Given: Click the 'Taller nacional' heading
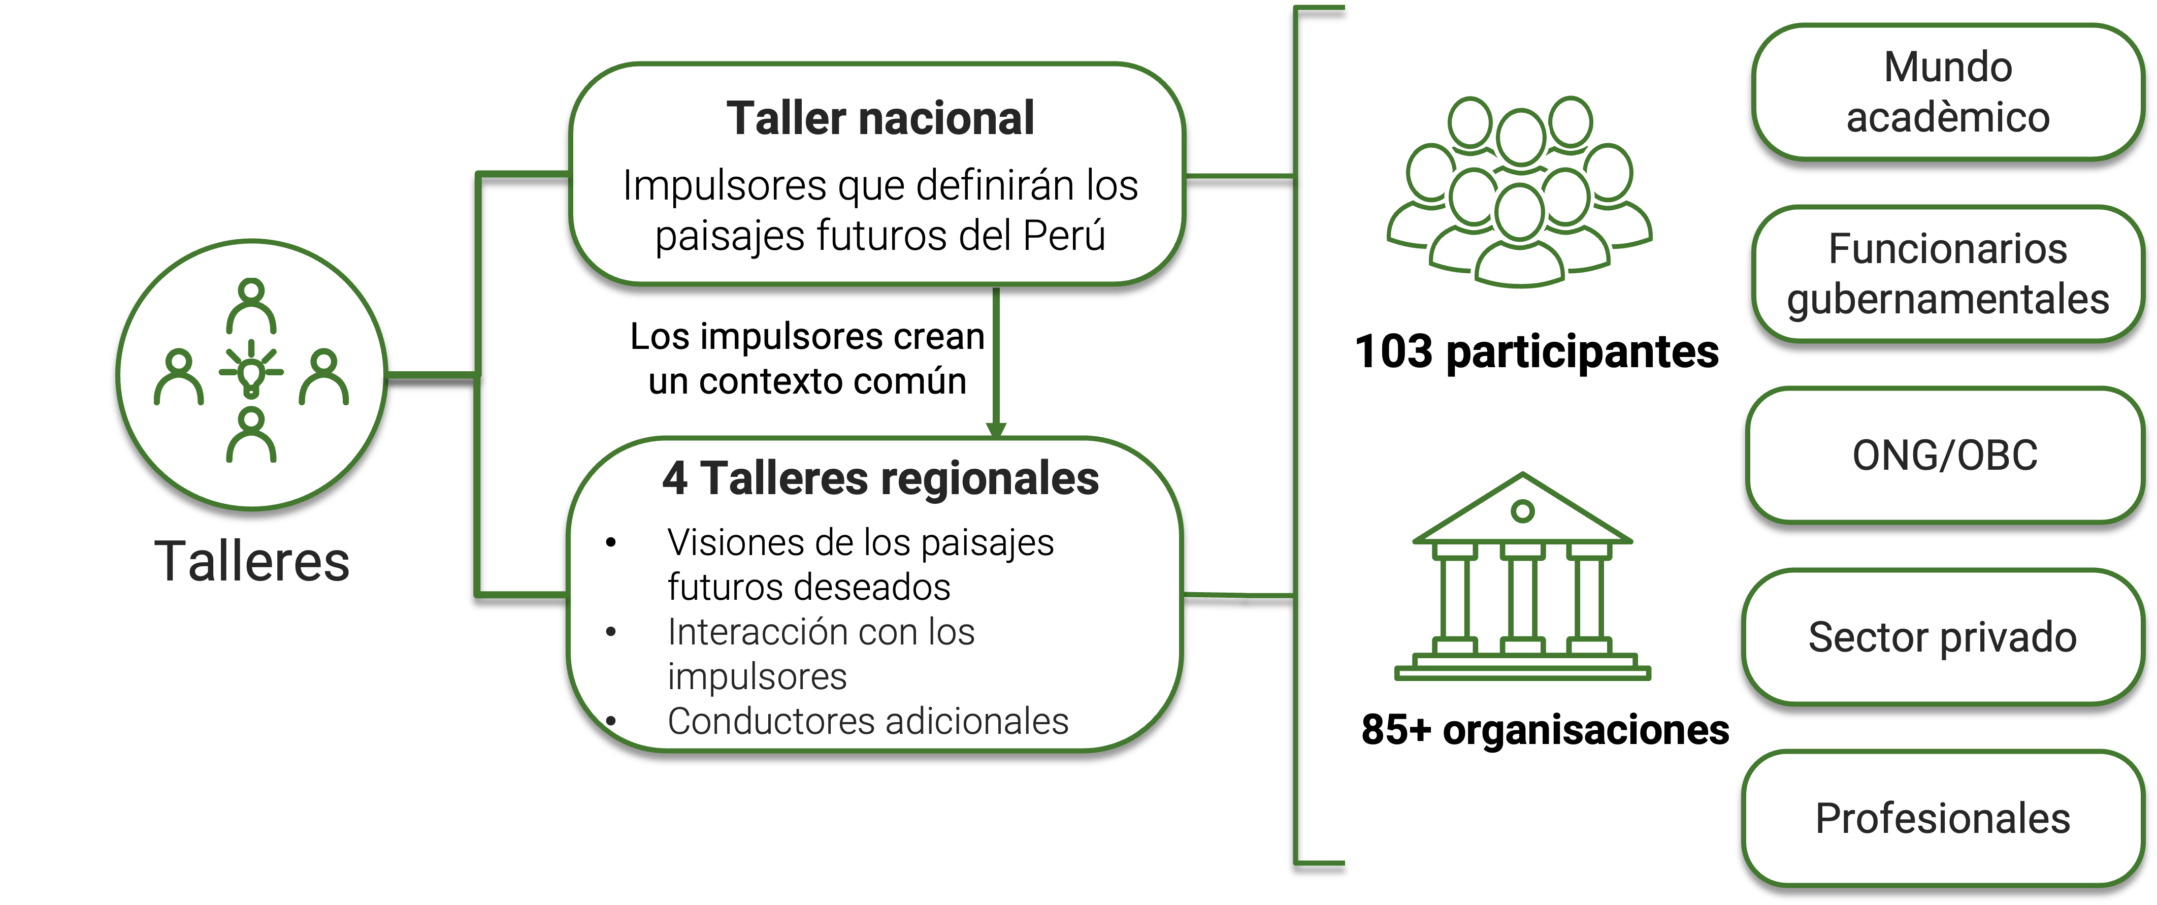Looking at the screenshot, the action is click(880, 118).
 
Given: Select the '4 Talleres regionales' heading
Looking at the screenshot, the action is click(880, 479).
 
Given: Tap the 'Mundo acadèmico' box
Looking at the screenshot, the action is click(1948, 92).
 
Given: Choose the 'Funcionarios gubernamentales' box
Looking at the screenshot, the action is click(1948, 274).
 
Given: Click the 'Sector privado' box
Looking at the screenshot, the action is click(1943, 637).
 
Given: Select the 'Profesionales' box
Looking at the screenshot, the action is click(1943, 819).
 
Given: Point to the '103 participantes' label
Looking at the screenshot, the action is click(1537, 351).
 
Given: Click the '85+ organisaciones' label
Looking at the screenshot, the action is click(1545, 729).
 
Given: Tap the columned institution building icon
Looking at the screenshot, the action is click(1522, 577).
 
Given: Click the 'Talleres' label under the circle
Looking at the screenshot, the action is click(252, 561).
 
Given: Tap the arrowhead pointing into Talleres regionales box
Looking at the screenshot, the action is click(996, 430).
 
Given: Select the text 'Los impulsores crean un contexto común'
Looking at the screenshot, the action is click(807, 359).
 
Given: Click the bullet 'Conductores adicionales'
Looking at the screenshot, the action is click(867, 721).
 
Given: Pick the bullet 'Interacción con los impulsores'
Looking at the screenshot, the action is click(821, 654).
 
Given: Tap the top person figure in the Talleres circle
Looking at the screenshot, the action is click(251, 306).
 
